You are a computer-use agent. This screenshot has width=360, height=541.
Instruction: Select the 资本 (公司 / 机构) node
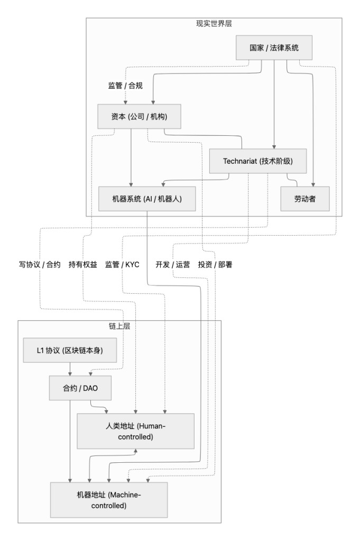139,116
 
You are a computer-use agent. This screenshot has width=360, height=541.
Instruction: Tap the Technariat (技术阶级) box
258,161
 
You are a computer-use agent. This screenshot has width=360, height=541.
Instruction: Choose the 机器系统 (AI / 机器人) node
147,200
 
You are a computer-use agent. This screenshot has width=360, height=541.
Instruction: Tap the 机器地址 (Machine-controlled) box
109,499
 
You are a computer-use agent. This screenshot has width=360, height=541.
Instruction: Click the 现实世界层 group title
214,25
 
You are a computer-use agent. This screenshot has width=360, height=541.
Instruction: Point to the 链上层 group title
119,327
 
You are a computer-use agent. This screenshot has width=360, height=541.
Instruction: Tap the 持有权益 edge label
83,265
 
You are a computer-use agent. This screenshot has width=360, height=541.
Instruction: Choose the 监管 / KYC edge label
122,265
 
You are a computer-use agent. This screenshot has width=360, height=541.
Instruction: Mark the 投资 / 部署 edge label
215,265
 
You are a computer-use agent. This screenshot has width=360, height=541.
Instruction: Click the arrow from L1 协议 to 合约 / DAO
70,369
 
